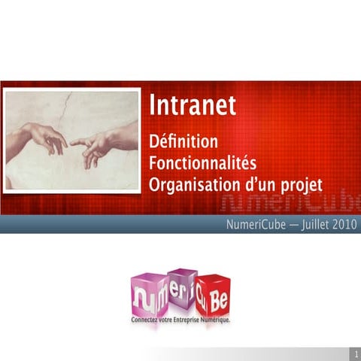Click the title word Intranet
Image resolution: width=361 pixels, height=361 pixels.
[193, 105]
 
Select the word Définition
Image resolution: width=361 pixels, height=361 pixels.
[184, 141]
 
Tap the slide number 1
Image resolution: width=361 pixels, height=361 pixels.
[354, 353]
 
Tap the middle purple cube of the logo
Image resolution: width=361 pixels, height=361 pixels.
[182, 290]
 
